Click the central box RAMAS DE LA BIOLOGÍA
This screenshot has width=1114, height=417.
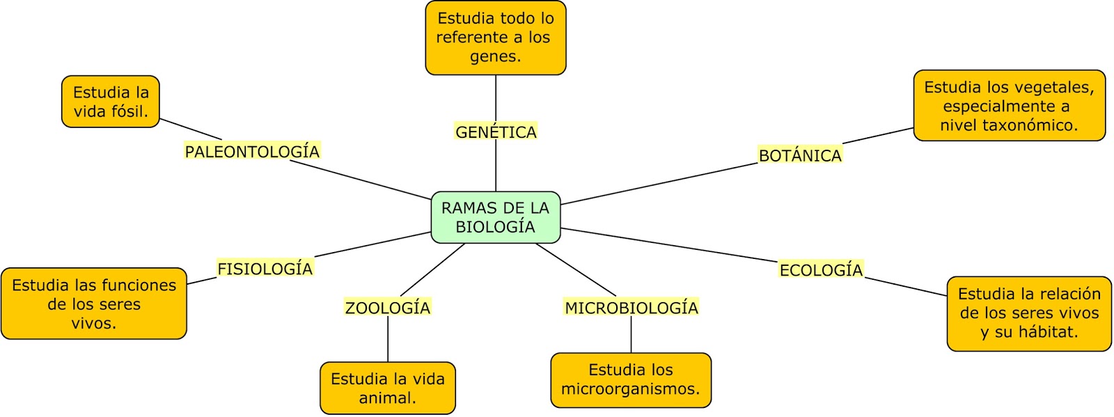(x=495, y=217)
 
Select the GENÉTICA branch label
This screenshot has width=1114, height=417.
(x=496, y=132)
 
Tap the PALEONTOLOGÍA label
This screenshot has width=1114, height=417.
(x=252, y=151)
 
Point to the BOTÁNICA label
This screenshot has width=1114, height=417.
(x=800, y=155)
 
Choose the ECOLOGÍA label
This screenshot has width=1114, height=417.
(x=821, y=270)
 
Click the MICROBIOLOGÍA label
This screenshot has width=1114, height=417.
(x=631, y=308)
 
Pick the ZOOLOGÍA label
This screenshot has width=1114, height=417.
(x=388, y=308)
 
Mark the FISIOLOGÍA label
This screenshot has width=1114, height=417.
(x=265, y=269)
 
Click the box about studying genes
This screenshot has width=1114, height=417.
(x=495, y=38)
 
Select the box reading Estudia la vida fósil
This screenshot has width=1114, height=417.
(x=111, y=102)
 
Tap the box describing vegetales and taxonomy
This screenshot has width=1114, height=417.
(x=1009, y=106)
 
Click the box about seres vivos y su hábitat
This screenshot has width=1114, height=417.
(x=1028, y=313)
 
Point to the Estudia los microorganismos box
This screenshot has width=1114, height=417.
(x=631, y=379)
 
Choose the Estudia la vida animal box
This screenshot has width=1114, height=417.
(x=388, y=388)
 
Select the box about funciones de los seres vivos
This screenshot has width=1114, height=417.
(x=94, y=304)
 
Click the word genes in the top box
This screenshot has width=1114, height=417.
(x=495, y=56)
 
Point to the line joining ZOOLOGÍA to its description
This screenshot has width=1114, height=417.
(x=388, y=340)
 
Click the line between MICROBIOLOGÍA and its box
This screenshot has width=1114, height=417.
(x=631, y=335)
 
